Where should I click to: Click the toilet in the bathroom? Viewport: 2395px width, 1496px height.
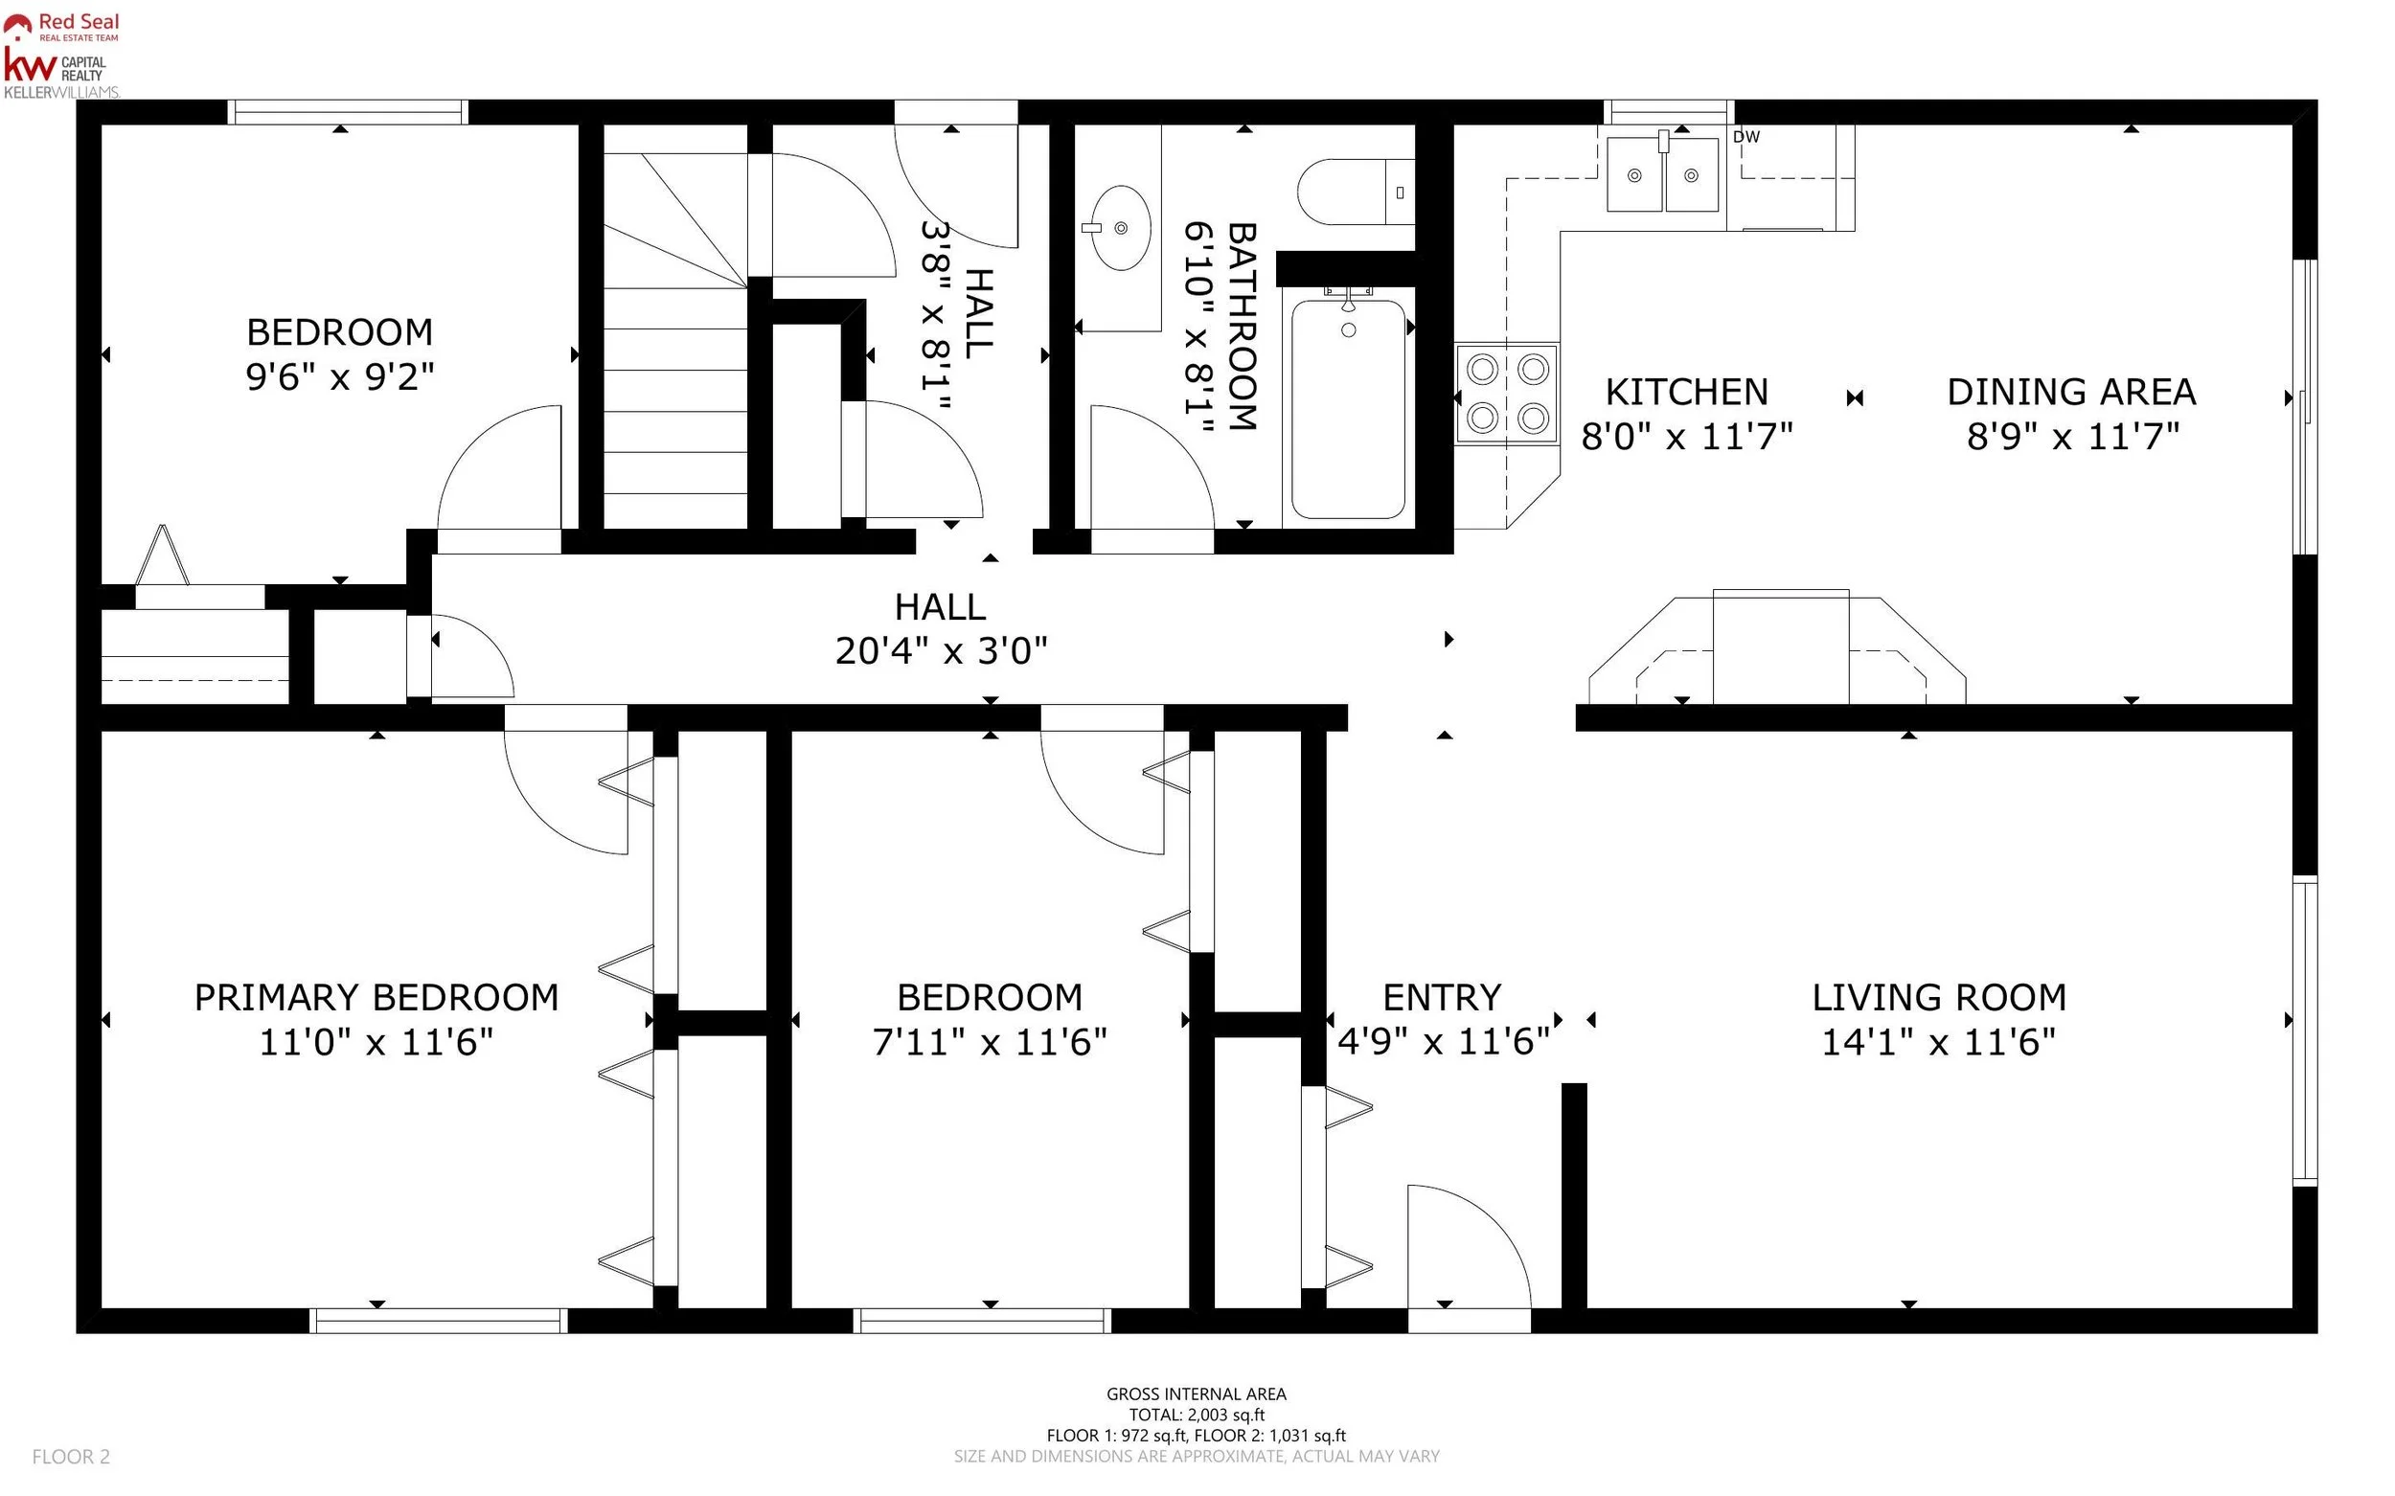click(1356, 192)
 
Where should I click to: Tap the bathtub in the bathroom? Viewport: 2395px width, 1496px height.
click(1348, 410)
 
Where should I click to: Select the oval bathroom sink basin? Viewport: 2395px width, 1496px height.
click(1121, 228)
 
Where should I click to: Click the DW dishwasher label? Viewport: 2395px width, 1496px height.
click(1746, 137)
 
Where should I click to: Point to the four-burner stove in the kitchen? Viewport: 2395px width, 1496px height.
click(1506, 394)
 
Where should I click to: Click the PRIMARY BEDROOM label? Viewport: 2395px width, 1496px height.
click(376, 997)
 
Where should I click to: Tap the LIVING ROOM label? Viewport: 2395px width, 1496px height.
click(1939, 997)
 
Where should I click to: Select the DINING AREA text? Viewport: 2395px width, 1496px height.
click(2071, 392)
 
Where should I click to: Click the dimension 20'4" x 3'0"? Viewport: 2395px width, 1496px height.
click(941, 651)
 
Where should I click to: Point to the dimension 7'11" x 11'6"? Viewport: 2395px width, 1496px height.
click(990, 1042)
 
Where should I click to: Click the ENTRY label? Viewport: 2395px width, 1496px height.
click(1442, 997)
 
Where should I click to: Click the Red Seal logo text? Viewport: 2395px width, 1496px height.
click(80, 22)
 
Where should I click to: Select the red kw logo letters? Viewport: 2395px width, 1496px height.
click(30, 65)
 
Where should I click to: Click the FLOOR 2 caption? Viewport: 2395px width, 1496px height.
click(71, 1457)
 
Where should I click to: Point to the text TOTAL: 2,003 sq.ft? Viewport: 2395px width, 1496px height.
click(1197, 1415)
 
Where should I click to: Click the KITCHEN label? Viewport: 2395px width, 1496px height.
click(1686, 392)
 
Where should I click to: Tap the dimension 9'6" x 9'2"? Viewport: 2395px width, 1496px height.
click(339, 377)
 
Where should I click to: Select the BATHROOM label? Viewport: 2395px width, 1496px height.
click(1242, 327)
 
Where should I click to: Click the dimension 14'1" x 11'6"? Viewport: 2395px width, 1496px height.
click(1939, 1042)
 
